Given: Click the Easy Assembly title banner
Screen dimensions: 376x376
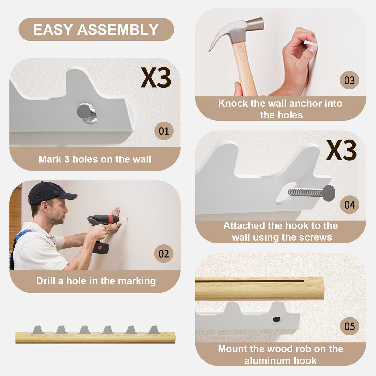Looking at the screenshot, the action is (96, 30).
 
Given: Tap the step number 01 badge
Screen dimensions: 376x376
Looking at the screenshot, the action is (164, 131).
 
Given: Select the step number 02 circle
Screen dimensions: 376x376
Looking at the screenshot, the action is (164, 253).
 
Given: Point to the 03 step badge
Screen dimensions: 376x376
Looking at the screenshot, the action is (349, 80).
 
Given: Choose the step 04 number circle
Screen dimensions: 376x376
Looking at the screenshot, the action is (349, 205).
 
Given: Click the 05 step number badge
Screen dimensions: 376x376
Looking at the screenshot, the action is (349, 326).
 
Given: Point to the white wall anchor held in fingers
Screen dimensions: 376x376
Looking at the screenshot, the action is (311, 43).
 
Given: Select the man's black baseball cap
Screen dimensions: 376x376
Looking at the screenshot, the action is (50, 193).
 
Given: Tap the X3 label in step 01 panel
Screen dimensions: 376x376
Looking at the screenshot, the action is (156, 78).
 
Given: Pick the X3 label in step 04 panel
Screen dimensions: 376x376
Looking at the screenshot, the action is (341, 150).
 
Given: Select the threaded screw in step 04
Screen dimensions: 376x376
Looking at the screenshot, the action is (311, 193).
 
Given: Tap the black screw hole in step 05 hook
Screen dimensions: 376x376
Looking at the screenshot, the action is (276, 320).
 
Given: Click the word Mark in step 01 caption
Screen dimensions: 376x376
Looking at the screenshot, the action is (50, 159).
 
